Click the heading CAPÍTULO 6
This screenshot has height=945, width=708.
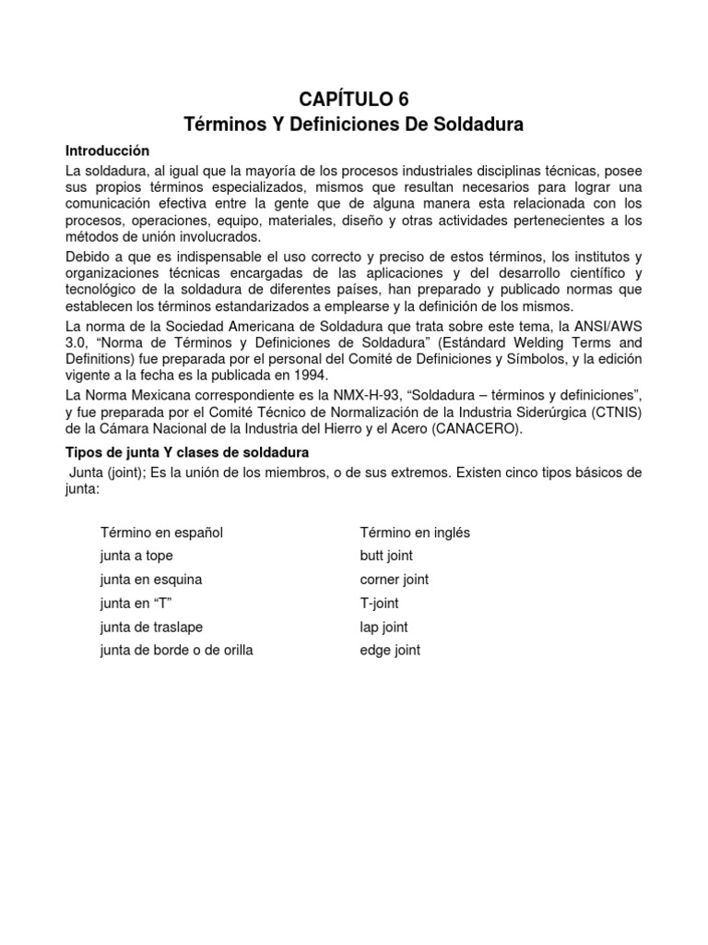[x=354, y=100]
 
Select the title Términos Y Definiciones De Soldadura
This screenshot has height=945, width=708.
[x=354, y=124]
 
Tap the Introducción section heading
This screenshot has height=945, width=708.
[x=107, y=150]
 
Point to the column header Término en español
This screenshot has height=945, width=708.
[x=162, y=532]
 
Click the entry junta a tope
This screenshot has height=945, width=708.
[x=136, y=556]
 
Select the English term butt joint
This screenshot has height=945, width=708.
[x=386, y=556]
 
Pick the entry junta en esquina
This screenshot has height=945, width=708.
[x=151, y=580]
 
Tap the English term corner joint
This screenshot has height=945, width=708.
[x=394, y=580]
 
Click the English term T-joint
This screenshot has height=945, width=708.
[x=379, y=603]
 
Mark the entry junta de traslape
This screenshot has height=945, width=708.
[x=151, y=627]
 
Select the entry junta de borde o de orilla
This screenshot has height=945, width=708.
[x=176, y=650]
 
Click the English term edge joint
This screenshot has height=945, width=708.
[x=390, y=650]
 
